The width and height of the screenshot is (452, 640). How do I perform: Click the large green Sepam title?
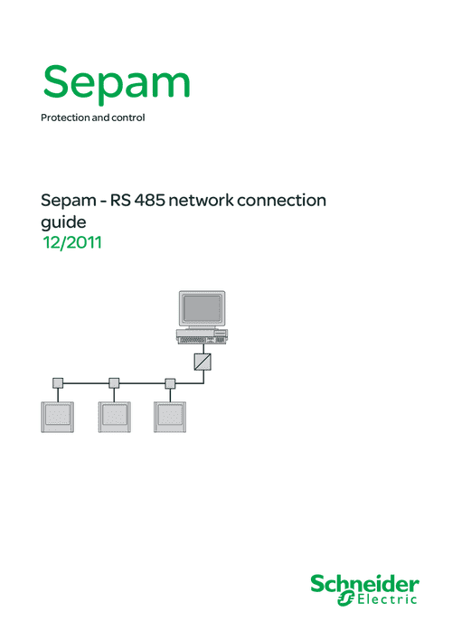pos(117,84)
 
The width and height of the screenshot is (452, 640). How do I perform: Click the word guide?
pos(63,223)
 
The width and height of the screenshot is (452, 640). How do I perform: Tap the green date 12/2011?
pos(72,242)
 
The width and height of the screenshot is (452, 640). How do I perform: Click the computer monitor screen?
pos(202,308)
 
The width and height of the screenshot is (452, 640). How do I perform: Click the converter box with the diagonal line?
pos(202,362)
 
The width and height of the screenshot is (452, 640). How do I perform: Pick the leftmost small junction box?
pos(58,383)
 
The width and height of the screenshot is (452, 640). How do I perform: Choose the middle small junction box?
pos(114,383)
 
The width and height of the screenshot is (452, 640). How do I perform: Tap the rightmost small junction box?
pos(170,383)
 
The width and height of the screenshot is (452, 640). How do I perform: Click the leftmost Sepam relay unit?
pos(58,417)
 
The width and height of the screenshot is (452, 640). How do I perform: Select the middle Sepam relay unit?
pos(114,417)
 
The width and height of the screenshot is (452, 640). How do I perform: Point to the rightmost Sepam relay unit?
pos(170,417)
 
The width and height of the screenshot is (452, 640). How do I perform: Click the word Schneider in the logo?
pos(364,584)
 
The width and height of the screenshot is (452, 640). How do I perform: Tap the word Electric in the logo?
pos(387,599)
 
